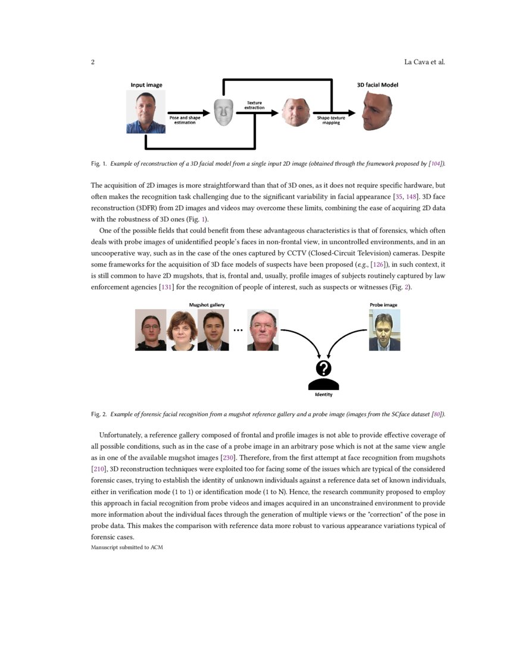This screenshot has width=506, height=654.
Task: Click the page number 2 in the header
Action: tap(93, 62)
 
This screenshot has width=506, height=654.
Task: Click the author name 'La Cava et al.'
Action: tap(424, 62)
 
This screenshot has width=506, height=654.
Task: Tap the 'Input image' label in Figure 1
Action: tap(146, 85)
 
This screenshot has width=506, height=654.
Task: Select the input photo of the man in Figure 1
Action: tap(146, 112)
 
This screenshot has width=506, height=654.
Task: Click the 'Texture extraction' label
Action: tap(254, 105)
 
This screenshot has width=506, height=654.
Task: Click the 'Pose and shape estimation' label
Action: tap(185, 120)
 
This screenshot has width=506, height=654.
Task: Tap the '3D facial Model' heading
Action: tap(373, 85)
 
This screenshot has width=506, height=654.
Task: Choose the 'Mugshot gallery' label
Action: tap(207, 304)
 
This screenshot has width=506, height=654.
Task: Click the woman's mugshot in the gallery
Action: tap(182, 330)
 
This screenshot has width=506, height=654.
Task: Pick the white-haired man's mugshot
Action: tap(263, 330)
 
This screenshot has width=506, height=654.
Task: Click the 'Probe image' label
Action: tap(383, 304)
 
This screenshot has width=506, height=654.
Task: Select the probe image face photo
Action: tap(384, 330)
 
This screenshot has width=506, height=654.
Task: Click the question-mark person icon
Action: tap(323, 375)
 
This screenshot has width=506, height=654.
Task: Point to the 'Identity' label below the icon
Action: tap(323, 395)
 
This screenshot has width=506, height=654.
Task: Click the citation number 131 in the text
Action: tap(164, 287)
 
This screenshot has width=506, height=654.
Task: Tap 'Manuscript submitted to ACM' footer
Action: tap(127, 547)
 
